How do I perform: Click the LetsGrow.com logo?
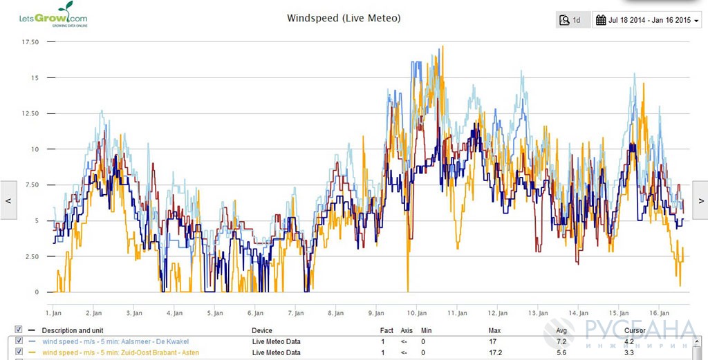coord(53,15)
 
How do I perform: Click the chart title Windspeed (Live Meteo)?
coord(344,18)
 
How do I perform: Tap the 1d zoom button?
coord(572,20)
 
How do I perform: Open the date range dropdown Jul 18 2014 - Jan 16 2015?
coord(646,20)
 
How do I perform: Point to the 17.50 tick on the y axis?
coord(30,42)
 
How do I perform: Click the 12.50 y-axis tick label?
coord(30,113)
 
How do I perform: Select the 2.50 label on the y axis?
coord(32,256)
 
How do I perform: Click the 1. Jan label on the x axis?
coord(54,312)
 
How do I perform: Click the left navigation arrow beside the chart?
coord(8,200)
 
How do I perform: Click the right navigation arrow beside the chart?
coord(700,200)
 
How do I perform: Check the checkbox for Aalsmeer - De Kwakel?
coord(19,341)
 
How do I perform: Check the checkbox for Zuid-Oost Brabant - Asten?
coord(19,352)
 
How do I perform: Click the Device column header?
coord(262,331)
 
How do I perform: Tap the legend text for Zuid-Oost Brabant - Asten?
coord(120,352)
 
